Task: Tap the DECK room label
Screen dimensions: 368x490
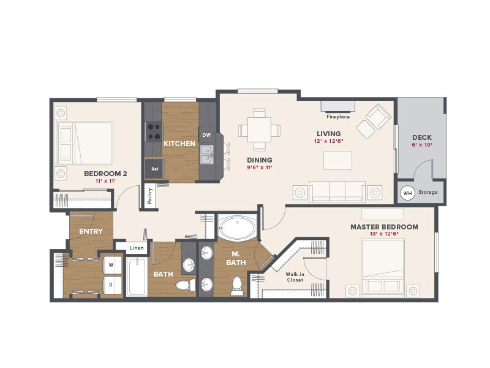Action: (x=422, y=137)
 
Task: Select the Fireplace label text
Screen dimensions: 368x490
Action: (x=337, y=117)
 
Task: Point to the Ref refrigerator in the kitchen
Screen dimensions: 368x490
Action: (x=153, y=168)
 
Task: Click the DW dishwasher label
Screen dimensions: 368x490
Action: (x=206, y=135)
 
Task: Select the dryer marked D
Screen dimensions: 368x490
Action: (x=111, y=285)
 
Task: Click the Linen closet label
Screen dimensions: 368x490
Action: (x=137, y=248)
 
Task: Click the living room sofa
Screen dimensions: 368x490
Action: (x=337, y=191)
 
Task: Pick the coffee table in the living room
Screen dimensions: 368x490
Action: (x=338, y=160)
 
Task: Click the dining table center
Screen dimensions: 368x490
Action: (x=260, y=130)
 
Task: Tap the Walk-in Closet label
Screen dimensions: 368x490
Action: (x=295, y=277)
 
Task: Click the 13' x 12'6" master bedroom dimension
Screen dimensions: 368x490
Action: (x=384, y=234)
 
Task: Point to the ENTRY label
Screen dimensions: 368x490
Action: (x=91, y=231)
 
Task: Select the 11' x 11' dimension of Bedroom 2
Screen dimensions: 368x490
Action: (x=105, y=182)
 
